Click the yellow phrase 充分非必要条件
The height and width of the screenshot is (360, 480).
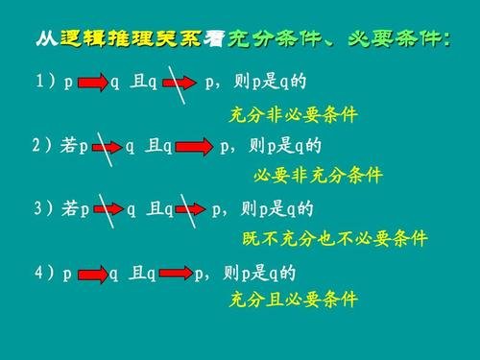point(293,114)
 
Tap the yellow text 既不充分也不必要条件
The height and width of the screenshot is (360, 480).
point(334,238)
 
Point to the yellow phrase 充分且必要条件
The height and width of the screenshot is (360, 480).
point(293,299)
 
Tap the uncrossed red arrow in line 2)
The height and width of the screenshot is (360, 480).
point(196,147)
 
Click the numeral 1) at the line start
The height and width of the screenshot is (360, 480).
point(44,84)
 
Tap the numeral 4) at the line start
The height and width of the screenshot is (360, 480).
point(44,273)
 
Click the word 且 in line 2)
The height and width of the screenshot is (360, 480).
point(152,147)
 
